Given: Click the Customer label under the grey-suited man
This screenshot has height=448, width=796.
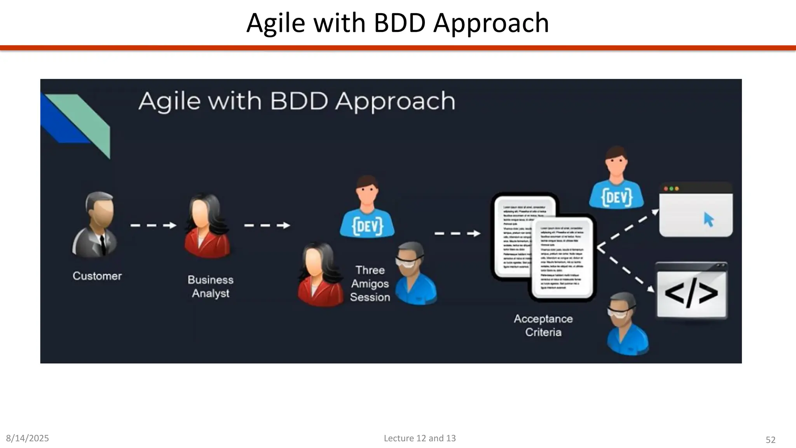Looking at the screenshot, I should click(97, 276).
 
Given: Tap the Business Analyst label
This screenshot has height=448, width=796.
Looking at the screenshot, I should click(210, 286).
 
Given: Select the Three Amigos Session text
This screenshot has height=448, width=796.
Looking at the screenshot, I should click(370, 283).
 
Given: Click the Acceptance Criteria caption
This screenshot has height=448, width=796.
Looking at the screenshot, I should click(543, 325).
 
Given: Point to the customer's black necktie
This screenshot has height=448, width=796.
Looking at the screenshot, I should click(103, 244).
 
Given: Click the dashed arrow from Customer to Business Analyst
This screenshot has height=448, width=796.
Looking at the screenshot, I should click(153, 225).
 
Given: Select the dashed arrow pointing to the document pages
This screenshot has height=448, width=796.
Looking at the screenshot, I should click(457, 233).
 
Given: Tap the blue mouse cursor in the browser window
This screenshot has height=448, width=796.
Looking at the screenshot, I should click(708, 219).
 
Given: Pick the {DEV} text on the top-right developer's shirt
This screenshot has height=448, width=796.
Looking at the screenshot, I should click(617, 198).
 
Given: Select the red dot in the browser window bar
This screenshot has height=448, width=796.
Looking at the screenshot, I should click(666, 189).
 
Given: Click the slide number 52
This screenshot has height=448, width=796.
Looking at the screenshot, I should click(770, 440).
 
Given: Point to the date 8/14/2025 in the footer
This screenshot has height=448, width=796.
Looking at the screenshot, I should click(27, 438).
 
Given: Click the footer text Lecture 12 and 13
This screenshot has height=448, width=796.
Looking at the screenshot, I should click(419, 438).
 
